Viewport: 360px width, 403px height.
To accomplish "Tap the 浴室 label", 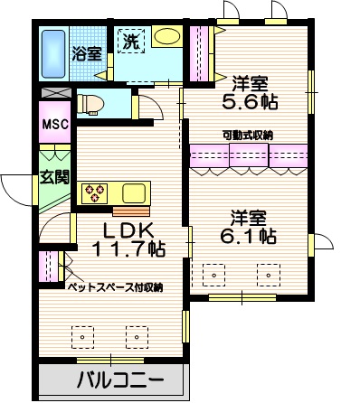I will [x=87, y=53].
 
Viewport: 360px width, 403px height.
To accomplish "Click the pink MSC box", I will [x=52, y=124].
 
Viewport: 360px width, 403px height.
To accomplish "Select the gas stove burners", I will [x=95, y=192].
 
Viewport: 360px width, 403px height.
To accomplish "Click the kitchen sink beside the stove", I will [x=133, y=192].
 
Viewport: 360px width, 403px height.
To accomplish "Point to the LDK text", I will [x=127, y=229].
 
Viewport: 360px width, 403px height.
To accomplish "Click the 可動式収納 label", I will [x=249, y=135].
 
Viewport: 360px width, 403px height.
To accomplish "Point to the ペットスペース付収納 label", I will [x=116, y=286].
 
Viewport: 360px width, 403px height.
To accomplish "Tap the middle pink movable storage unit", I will [x=248, y=155].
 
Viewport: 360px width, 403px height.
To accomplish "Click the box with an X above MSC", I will [x=53, y=93].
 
